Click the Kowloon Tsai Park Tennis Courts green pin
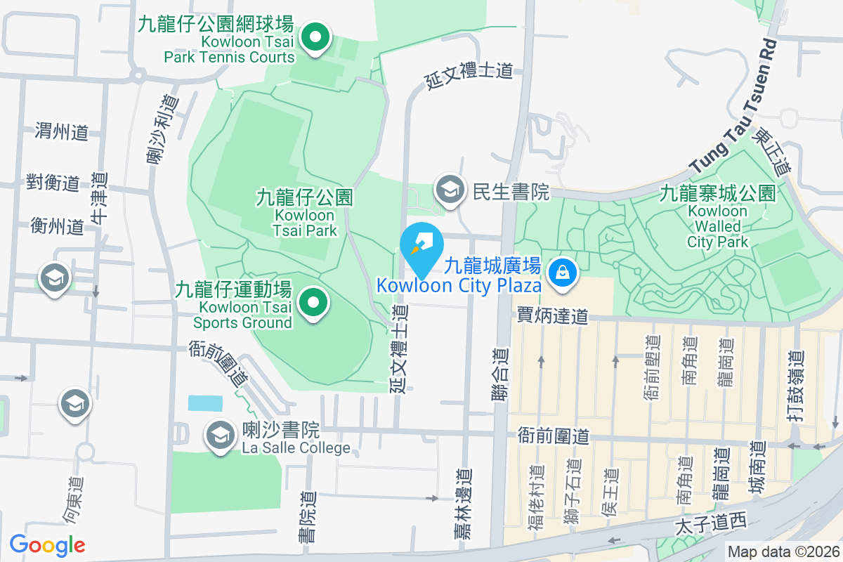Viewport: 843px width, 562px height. (x=316, y=37)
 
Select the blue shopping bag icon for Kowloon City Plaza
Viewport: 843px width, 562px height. (x=563, y=271)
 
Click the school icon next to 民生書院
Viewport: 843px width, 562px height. (x=448, y=189)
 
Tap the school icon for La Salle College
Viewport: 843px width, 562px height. (x=221, y=435)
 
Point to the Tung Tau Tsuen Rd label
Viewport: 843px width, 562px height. (x=735, y=105)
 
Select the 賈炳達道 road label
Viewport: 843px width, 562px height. (x=552, y=316)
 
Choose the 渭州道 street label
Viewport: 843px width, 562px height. (x=62, y=131)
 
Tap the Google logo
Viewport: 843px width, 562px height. (x=47, y=545)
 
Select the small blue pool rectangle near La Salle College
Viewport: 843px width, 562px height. (x=205, y=403)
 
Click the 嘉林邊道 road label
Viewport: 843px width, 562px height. (x=462, y=504)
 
